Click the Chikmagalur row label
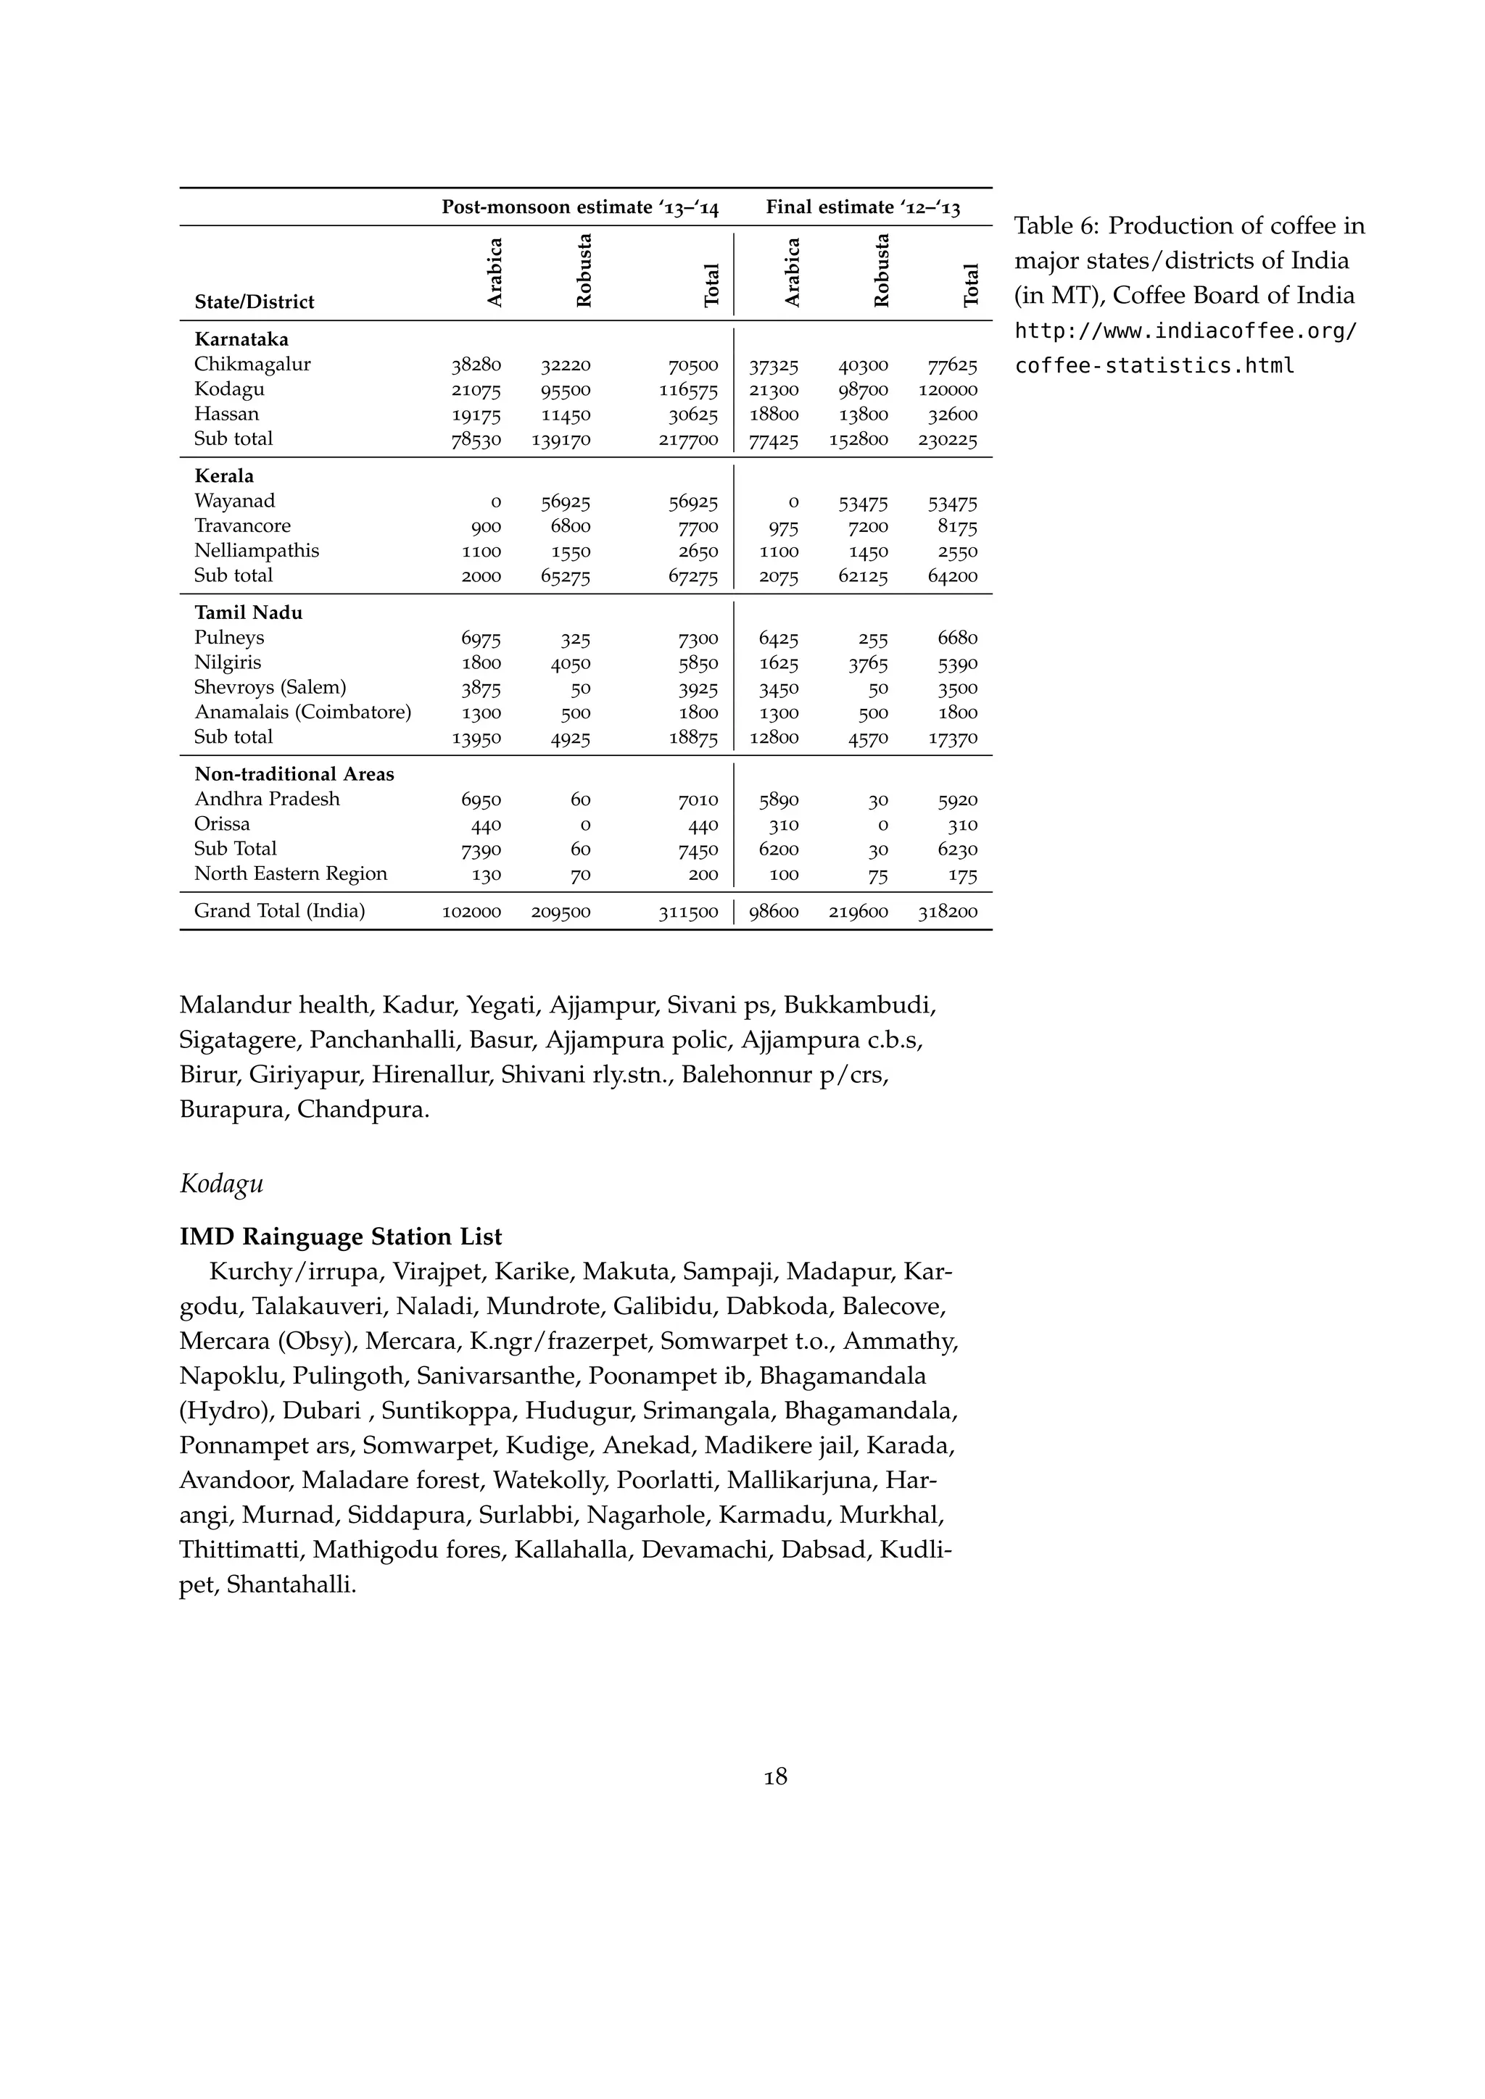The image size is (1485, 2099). point(252,365)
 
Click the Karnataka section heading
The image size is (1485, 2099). point(241,340)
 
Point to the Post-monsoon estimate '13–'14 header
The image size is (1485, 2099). point(580,207)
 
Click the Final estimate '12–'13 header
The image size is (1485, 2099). point(862,207)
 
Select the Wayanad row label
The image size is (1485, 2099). point(234,502)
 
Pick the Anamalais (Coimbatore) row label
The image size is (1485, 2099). point(302,712)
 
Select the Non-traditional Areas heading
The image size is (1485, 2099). point(294,774)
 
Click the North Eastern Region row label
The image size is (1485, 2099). point(290,874)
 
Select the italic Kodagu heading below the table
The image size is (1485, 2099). point(221,1184)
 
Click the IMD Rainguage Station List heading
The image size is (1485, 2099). point(340,1237)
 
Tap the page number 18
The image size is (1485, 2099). point(775,1776)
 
